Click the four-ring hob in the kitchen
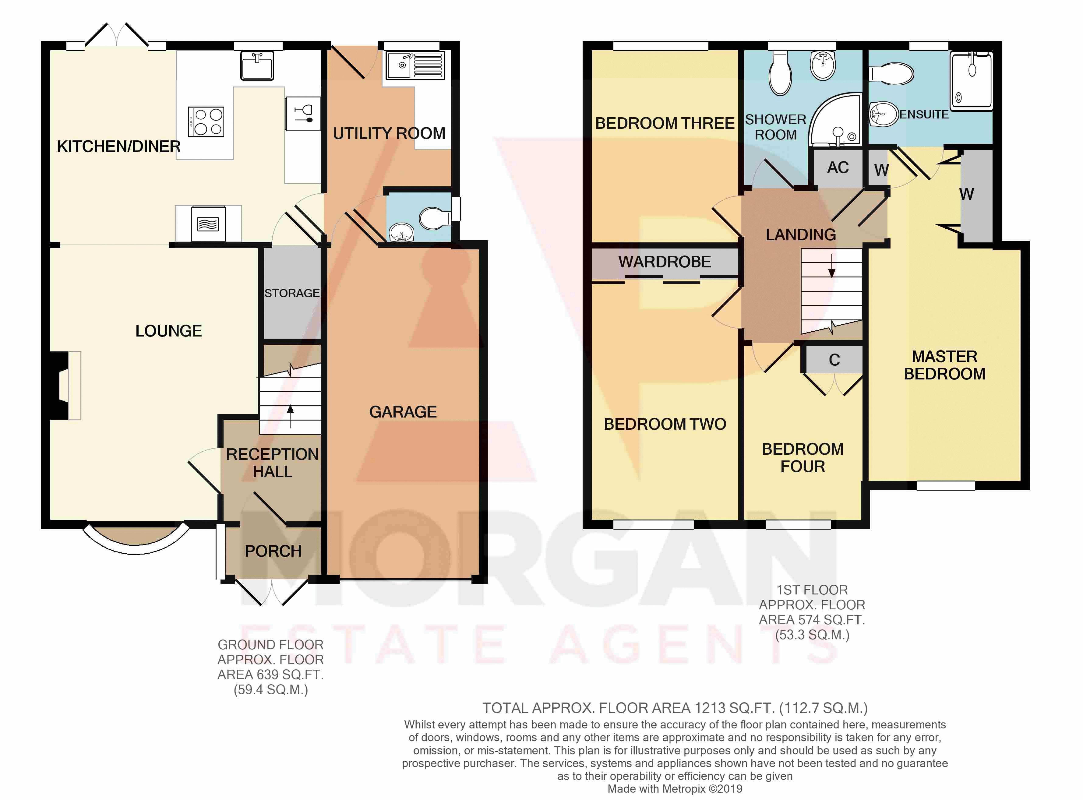(206, 122)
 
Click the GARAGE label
(403, 412)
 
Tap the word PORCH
(273, 551)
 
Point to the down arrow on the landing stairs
(832, 265)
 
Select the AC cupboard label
(838, 167)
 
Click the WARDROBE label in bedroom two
(665, 262)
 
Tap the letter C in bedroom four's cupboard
(834, 360)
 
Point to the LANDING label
(801, 235)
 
